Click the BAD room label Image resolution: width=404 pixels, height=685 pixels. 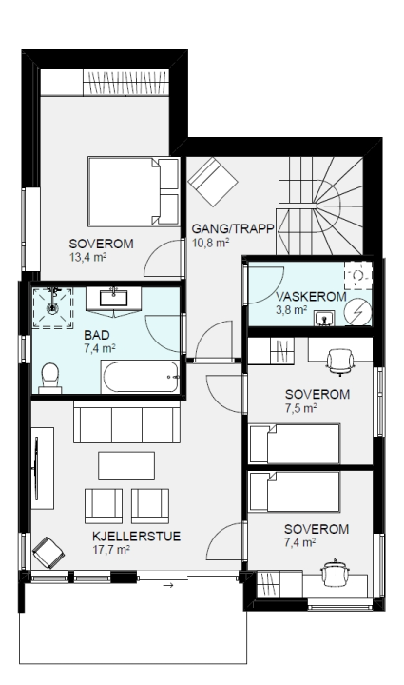click(96, 335)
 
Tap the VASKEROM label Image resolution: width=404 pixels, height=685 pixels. click(311, 297)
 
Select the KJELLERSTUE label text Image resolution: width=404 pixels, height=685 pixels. click(136, 537)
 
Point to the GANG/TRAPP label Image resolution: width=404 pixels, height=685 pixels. click(233, 228)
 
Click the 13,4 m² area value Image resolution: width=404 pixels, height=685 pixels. click(87, 257)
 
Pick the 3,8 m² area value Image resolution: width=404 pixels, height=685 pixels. click(292, 310)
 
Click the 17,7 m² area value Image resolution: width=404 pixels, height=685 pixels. click(111, 550)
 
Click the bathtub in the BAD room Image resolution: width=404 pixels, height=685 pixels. click(140, 377)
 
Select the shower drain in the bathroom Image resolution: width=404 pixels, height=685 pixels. click(52, 307)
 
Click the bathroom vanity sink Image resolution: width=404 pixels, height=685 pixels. click(113, 298)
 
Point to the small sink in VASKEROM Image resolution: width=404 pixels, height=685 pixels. click(324, 319)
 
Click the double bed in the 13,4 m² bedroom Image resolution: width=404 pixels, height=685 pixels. click(133, 191)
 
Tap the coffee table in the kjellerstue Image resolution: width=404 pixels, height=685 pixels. click(126, 466)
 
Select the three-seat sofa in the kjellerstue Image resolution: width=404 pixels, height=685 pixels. click(127, 422)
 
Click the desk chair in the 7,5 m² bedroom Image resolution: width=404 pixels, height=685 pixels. click(340, 362)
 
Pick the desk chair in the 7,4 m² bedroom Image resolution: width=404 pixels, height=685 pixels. click(335, 573)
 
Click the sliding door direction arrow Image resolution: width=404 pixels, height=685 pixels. click(168, 585)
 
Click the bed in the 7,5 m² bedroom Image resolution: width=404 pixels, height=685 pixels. click(294, 443)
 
